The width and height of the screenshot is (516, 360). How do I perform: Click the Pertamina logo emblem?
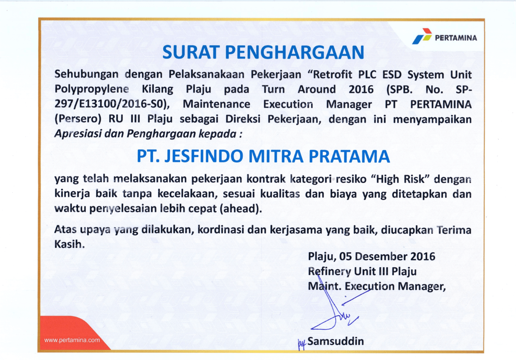tap(422, 36)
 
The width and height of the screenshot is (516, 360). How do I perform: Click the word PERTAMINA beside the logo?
tap(456, 38)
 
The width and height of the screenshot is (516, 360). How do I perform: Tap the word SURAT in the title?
tap(190, 52)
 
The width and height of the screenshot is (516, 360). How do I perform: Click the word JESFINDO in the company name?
tap(204, 156)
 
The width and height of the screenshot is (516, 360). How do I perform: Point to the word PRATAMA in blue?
tap(349, 156)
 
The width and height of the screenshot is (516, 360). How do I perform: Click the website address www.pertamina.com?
tap(72, 340)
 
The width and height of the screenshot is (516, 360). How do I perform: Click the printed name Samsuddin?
tap(336, 341)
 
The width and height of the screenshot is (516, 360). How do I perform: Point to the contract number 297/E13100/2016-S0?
tap(110, 104)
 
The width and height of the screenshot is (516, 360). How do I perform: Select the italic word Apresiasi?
tap(78, 134)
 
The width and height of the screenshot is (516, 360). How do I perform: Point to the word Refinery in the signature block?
tap(329, 272)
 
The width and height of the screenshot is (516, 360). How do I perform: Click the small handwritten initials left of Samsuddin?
tap(302, 344)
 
